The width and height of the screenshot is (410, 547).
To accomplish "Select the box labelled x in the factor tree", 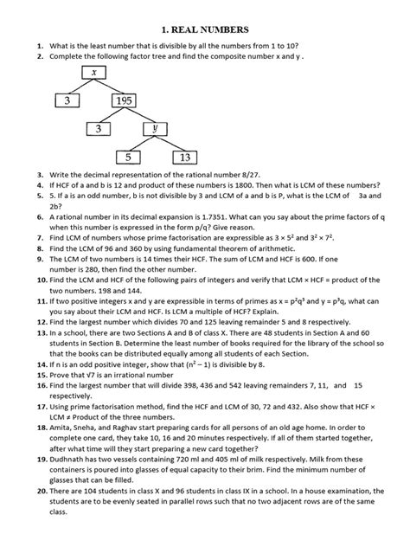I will coord(92,73).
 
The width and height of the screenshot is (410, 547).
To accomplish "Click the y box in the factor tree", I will coord(157,130).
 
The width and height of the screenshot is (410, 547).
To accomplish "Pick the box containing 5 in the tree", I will coord(128,158).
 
